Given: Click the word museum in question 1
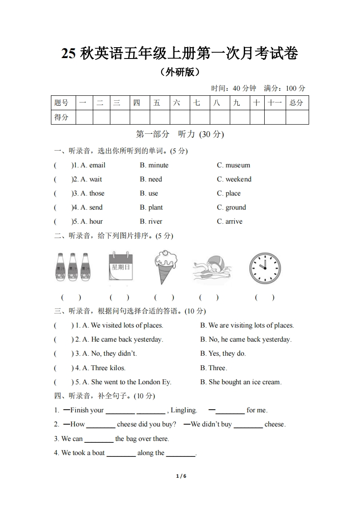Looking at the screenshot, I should tap(237, 165).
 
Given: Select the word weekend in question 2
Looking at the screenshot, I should tap(238, 179).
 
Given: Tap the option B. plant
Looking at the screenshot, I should tap(151, 207).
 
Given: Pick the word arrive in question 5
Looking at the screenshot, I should tap(234, 221).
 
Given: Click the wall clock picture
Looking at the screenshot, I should tap(265, 268).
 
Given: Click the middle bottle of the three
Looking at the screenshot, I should tap(73, 268).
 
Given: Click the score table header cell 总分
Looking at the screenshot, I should tap(296, 103).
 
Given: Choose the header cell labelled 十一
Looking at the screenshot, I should tap(275, 103).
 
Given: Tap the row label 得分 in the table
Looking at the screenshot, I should tap(62, 117).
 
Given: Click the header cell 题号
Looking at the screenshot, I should tap(62, 103).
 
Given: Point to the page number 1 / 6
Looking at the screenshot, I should tap(181, 476).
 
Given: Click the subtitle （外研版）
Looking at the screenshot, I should tap(180, 72).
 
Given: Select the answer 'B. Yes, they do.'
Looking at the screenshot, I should tap(223, 353).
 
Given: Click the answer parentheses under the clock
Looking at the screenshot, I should tap(265, 298).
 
